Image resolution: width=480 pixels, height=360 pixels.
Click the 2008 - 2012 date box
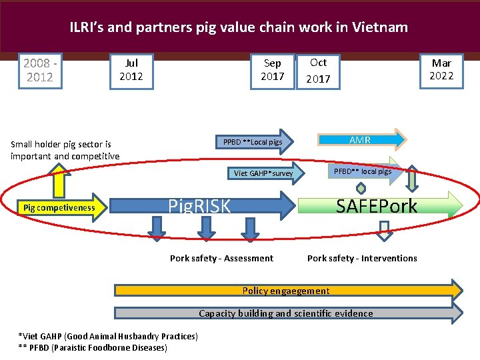[x=39, y=70]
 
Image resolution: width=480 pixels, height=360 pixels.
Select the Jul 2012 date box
[x=131, y=70]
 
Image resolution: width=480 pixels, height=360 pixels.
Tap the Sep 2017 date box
[x=272, y=70]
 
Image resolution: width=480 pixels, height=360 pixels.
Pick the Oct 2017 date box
[x=318, y=70]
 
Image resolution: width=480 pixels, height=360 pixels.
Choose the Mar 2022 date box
[x=441, y=69]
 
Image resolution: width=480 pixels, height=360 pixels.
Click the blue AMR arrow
[x=360, y=139]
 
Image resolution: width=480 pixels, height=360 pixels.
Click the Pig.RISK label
[x=199, y=205]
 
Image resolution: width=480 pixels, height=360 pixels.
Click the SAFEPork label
[x=377, y=206]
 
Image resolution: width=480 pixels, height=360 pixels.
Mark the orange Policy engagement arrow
[x=287, y=291]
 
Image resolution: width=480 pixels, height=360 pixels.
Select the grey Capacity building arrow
[x=287, y=313]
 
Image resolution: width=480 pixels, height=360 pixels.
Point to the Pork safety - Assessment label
[x=221, y=258]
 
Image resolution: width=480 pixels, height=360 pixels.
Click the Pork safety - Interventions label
[x=362, y=258]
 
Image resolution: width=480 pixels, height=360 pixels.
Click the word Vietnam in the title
[x=376, y=27]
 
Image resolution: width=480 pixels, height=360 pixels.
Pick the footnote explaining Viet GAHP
[x=108, y=336]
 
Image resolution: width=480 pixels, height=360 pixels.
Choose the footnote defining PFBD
[x=93, y=347]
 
